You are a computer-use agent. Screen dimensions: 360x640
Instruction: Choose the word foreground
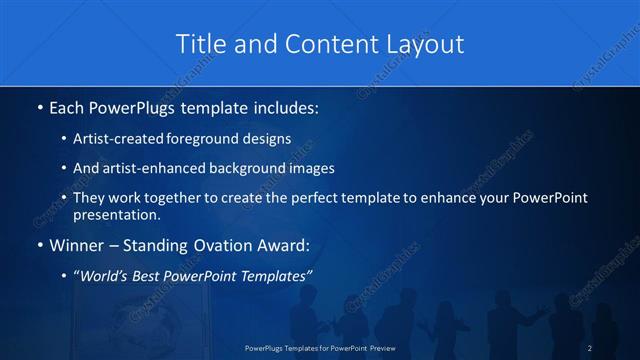(x=215, y=138)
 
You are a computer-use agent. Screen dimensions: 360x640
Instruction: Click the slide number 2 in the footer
(x=590, y=347)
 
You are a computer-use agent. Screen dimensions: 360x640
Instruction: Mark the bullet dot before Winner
(x=38, y=245)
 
